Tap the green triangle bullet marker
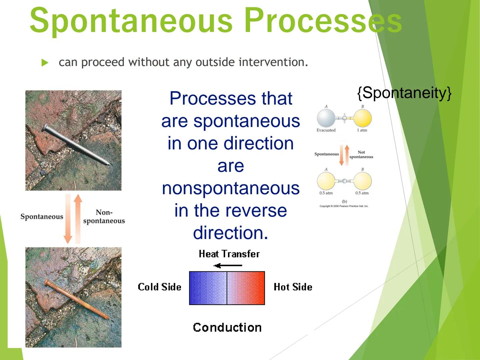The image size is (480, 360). coord(45,63)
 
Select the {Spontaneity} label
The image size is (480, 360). coord(404,93)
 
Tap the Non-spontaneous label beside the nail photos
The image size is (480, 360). coord(104,217)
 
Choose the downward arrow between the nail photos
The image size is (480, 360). coord(68,219)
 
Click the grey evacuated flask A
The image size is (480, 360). coord(326,118)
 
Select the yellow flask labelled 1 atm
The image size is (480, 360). coord(362,118)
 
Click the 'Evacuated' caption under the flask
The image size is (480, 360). coord(326,130)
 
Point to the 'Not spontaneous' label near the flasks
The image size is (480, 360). coord(361,154)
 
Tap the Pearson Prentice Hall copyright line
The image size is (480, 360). coord(344,206)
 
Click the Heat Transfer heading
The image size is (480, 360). coord(229,254)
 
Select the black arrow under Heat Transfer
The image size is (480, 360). coord(228,266)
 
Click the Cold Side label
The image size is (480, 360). coord(159,287)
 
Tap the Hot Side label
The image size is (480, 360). coord(293,287)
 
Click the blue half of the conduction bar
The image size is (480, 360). coord(208,288)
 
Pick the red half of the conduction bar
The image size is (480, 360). coord(246,288)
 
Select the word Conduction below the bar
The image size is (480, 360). coord(227,327)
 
